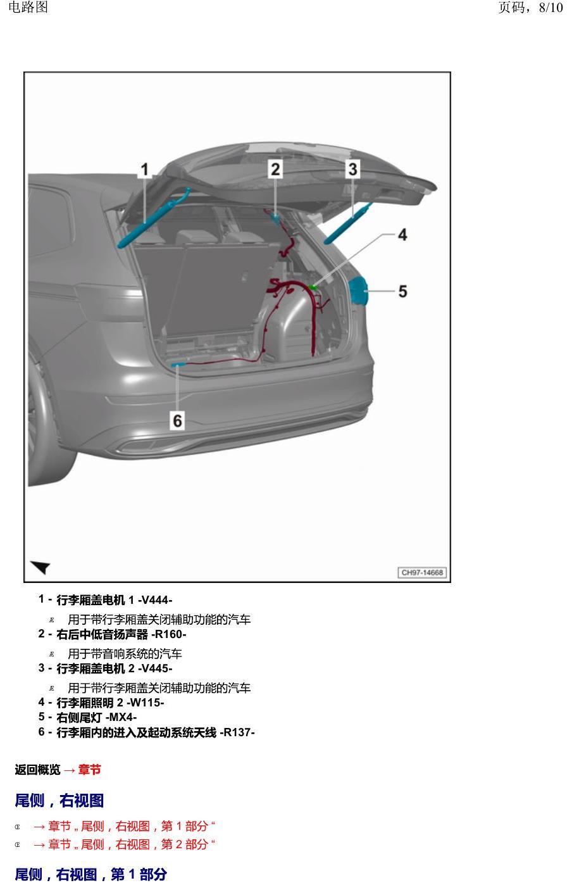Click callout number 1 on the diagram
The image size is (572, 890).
click(145, 170)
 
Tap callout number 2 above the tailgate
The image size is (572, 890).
click(275, 169)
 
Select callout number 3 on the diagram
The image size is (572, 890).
click(352, 169)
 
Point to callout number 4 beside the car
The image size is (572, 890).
click(402, 235)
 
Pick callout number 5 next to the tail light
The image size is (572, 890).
click(403, 292)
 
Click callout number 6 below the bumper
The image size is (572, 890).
click(178, 421)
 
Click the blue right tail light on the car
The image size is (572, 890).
click(358, 292)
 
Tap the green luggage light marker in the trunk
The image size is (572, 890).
click(313, 287)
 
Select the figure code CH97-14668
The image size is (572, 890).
click(422, 572)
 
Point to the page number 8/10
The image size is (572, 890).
click(550, 8)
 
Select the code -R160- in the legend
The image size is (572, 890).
click(168, 634)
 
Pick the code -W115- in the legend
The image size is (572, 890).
click(145, 703)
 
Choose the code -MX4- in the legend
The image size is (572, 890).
click(121, 717)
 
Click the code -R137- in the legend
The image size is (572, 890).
click(237, 732)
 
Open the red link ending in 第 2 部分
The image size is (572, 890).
click(124, 844)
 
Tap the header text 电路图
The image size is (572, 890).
click(28, 7)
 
